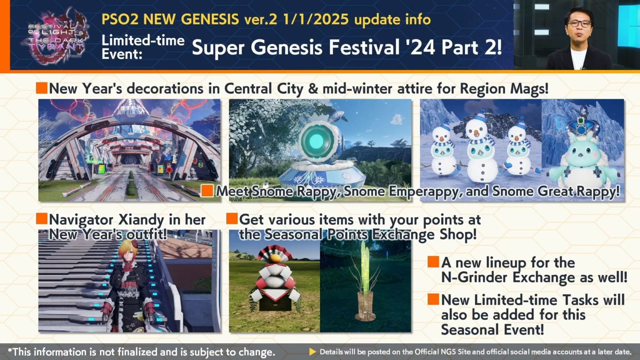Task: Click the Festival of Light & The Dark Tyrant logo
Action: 55,36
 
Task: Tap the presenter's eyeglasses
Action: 579,24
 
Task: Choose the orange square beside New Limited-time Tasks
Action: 433,299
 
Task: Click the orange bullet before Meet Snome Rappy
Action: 207,191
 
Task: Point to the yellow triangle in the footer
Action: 312,352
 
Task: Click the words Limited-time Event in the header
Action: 143,47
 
